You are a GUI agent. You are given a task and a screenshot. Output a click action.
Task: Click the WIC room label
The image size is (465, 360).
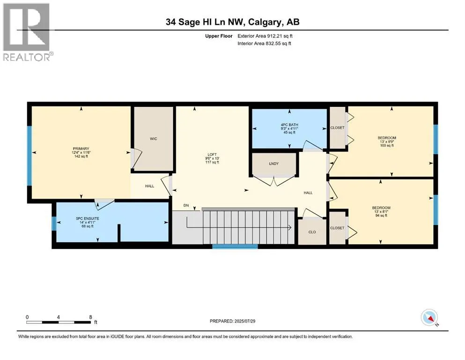click(x=153, y=139)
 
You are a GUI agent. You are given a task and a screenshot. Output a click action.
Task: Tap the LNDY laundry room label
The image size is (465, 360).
click(x=274, y=164)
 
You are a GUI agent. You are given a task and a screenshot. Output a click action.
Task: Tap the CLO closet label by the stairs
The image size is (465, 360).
click(x=312, y=232)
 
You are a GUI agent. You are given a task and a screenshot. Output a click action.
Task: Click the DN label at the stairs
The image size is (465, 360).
click(x=186, y=205)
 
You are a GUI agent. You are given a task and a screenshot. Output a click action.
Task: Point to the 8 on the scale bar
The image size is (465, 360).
click(x=90, y=317)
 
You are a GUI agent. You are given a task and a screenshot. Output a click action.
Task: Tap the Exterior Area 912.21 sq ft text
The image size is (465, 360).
click(x=265, y=36)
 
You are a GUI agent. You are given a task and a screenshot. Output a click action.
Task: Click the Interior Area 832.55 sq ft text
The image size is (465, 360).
click(x=264, y=43)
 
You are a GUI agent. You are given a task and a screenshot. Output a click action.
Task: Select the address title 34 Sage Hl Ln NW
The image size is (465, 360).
click(x=205, y=22)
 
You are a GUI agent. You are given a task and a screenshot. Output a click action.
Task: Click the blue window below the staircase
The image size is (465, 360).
click(x=235, y=247)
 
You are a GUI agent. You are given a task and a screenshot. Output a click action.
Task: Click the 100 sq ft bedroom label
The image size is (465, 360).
click(x=387, y=142)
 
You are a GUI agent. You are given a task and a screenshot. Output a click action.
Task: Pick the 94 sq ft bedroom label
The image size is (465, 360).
click(x=381, y=211)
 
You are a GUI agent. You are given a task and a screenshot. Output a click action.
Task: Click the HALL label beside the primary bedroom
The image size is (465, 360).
click(x=149, y=186)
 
